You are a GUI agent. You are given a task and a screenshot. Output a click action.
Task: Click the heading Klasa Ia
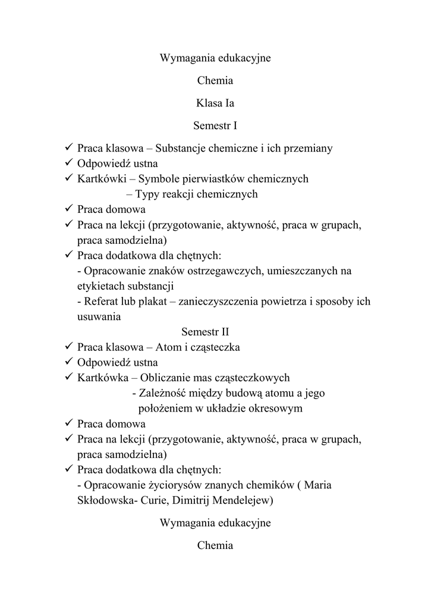215,103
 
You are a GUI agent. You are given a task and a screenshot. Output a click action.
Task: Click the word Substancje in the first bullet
187,149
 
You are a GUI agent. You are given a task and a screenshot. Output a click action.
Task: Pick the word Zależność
163,394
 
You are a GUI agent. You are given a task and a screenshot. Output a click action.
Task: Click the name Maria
318,485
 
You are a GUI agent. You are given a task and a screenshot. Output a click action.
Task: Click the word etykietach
103,286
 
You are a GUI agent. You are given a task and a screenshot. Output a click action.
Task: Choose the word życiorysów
158,485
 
